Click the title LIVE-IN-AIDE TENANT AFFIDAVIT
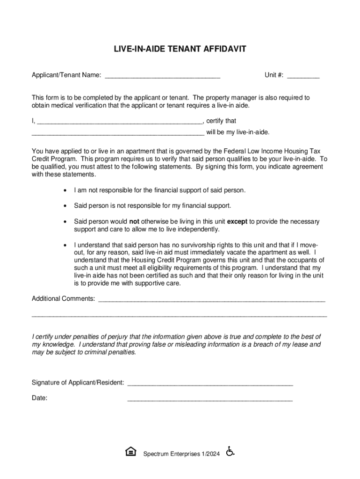click(180, 49)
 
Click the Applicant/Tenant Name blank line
click(163, 76)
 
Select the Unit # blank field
click(303, 76)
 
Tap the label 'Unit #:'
click(274, 75)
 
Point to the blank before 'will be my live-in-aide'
click(118, 133)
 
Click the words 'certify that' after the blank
click(221, 121)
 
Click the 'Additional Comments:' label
click(63, 298)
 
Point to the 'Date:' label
click(39, 398)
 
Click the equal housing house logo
click(131, 451)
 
